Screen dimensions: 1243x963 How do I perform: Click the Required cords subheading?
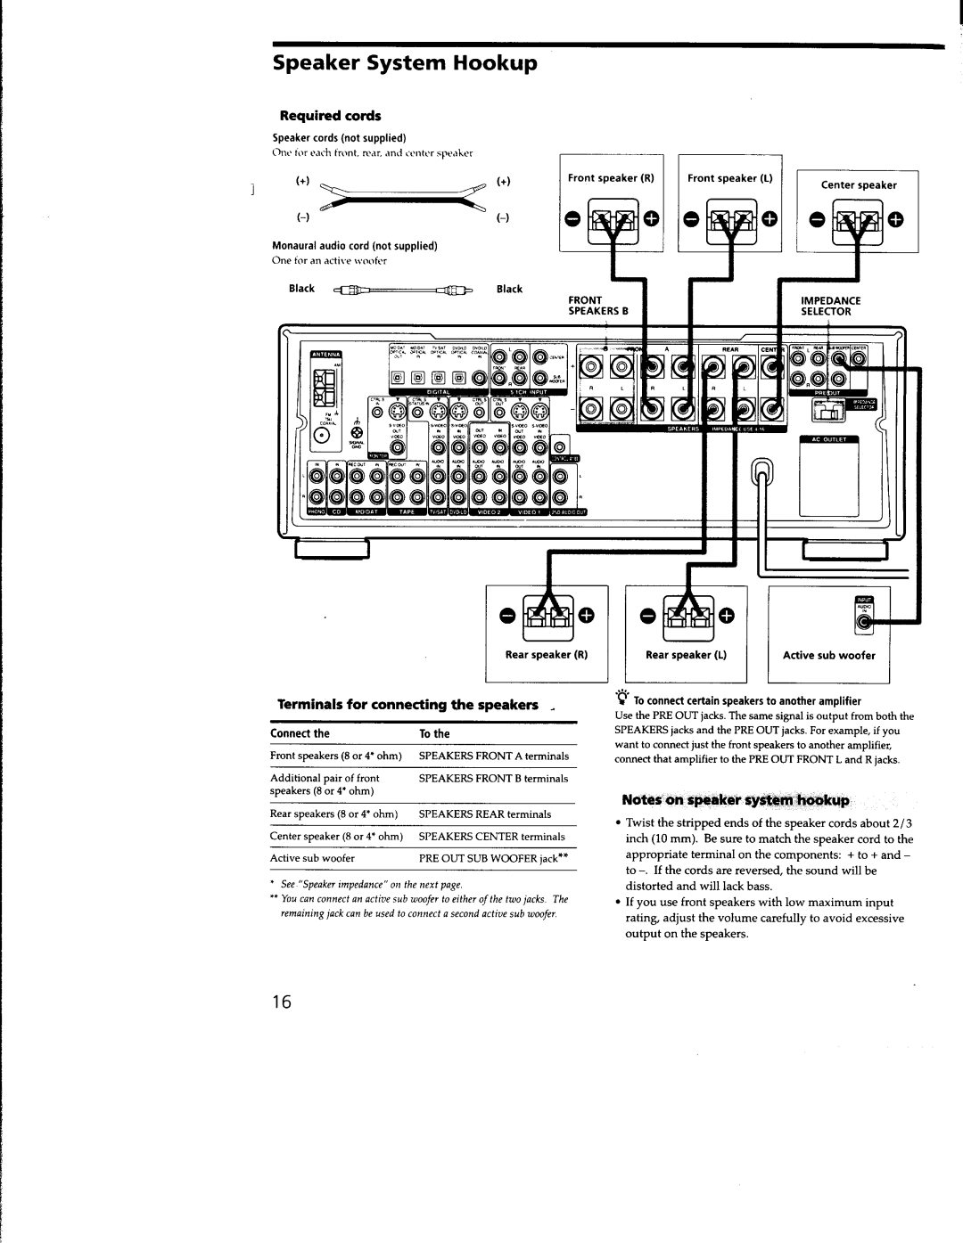331,116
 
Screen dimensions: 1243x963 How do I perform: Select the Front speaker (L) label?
729,178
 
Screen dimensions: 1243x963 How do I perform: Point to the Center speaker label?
858,185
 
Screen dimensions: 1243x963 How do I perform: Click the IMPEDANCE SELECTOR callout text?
828,307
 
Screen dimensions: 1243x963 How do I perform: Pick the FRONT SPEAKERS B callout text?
599,307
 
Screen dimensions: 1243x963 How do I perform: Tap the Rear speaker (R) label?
547,655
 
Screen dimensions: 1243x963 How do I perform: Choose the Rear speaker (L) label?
687,655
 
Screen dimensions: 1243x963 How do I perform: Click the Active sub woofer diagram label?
829,655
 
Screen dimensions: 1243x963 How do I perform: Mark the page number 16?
282,1002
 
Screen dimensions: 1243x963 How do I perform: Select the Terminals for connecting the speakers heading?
407,705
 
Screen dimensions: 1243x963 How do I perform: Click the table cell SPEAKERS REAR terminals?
485,814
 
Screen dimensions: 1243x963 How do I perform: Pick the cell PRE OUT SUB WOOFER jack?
493,858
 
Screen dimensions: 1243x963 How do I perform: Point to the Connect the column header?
300,733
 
